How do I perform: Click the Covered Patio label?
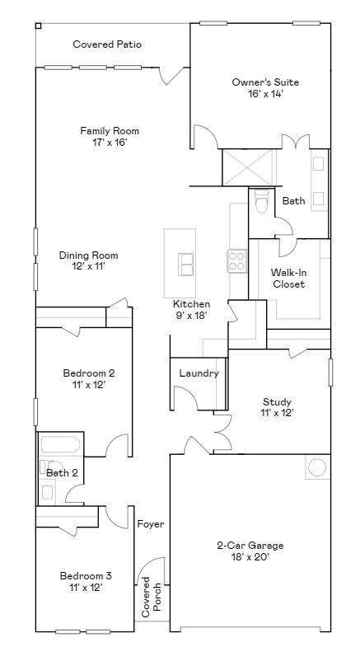click(x=107, y=45)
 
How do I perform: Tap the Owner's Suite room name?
click(x=265, y=82)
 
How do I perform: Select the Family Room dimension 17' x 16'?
click(x=110, y=143)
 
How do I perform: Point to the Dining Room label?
click(x=88, y=255)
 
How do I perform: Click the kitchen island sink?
click(x=185, y=265)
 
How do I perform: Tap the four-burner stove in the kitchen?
click(x=237, y=261)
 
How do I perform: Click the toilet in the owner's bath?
click(x=262, y=200)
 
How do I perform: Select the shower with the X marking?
click(x=249, y=167)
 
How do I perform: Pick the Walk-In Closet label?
click(x=289, y=279)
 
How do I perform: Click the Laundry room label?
click(x=199, y=373)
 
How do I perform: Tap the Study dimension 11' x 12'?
click(x=277, y=413)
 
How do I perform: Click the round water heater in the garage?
click(x=317, y=467)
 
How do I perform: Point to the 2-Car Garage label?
click(x=250, y=546)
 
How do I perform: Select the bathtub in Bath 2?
click(x=61, y=445)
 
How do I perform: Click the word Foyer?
click(x=151, y=524)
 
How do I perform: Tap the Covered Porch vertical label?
click(x=151, y=597)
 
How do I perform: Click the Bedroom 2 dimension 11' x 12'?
click(x=88, y=384)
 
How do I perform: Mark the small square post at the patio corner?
click(x=38, y=26)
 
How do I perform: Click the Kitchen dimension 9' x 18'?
click(x=191, y=315)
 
